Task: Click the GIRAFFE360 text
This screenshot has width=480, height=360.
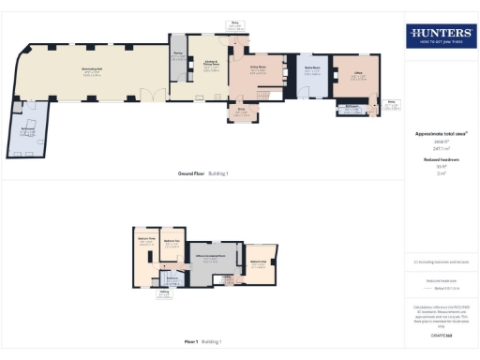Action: [441, 336]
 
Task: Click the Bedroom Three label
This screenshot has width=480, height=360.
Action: [145, 241]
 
